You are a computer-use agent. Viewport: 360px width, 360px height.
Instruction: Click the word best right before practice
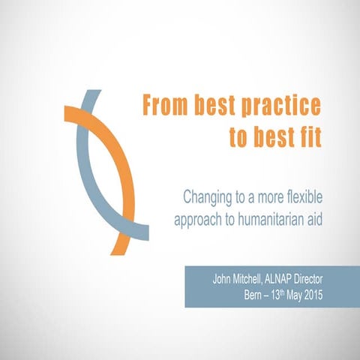coord(217,106)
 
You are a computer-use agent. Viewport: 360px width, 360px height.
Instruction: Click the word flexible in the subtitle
coord(302,198)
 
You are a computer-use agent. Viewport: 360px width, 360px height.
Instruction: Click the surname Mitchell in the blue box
coord(257,278)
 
